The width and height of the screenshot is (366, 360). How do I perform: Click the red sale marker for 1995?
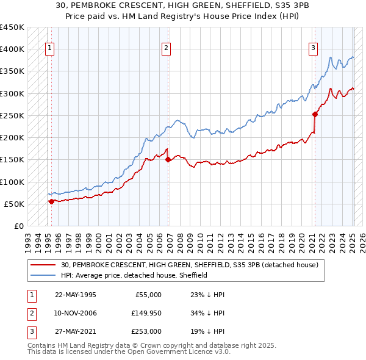[x=51, y=201]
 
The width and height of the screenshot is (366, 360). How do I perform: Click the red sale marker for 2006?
[x=168, y=159]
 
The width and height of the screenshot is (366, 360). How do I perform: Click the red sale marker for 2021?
[x=315, y=113]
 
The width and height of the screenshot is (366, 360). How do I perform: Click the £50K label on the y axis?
[x=14, y=204]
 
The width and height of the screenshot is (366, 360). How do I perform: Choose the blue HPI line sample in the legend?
[x=43, y=275]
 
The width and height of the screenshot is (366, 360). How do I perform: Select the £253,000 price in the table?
[x=146, y=331]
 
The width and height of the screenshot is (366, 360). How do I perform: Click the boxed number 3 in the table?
[x=31, y=331]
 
